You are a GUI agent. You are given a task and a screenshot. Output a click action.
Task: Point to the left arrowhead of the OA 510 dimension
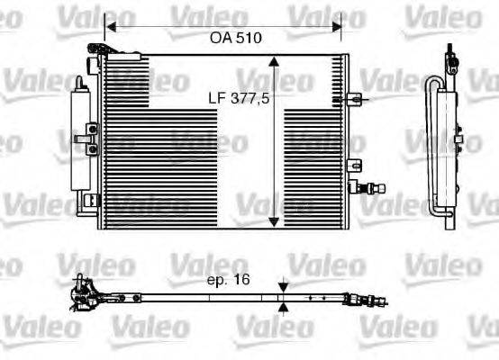point(110,25)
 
